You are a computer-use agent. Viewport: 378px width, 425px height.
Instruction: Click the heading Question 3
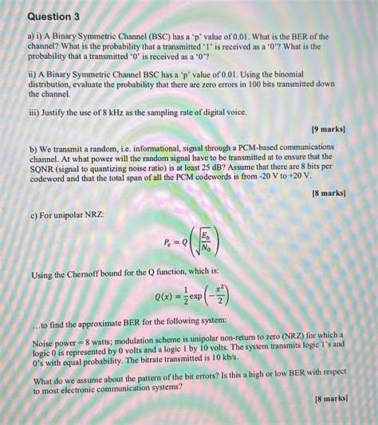click(x=54, y=16)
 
